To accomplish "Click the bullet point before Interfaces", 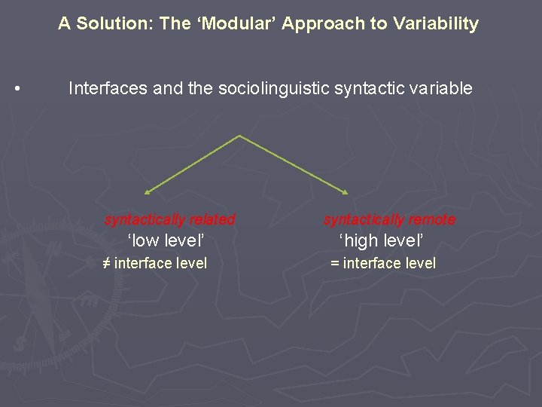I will [17, 90].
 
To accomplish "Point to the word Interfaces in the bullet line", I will [108, 89].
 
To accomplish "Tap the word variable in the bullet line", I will [440, 89].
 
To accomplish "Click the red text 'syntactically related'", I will [169, 219].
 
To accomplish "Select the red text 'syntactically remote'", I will [389, 219].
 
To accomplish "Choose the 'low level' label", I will [166, 241].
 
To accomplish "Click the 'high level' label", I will [382, 241].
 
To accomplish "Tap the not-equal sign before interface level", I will [106, 263].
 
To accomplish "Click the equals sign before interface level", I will [335, 263].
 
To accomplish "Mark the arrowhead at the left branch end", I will [147, 193].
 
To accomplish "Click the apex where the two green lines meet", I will [239, 136].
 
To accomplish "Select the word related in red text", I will [212, 219].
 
